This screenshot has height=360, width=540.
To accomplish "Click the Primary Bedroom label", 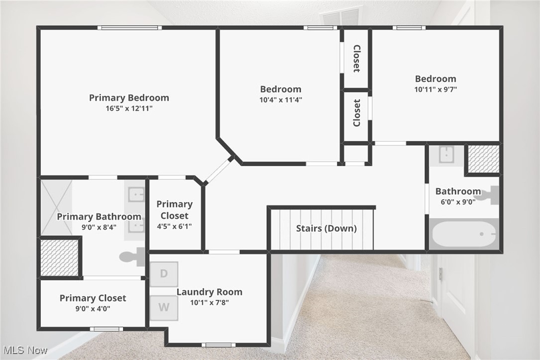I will click(x=129, y=98).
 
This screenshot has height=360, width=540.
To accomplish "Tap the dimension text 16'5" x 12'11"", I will click(x=129, y=108).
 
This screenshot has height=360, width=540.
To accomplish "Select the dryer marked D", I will click(x=164, y=274).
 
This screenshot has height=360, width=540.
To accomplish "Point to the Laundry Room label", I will click(x=210, y=292).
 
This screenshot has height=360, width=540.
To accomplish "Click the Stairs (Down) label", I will click(x=326, y=229).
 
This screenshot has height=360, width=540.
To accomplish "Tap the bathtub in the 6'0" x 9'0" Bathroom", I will click(x=463, y=234).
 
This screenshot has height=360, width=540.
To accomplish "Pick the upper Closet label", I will click(x=356, y=58).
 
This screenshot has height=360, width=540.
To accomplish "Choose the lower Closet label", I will click(x=356, y=113).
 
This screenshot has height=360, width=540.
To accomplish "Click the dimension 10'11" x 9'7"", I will click(x=435, y=90).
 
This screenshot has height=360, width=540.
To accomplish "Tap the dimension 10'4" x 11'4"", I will click(x=281, y=99).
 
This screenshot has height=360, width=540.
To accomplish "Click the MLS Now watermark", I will click(x=24, y=351).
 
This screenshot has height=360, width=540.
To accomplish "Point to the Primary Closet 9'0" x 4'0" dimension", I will click(x=93, y=308).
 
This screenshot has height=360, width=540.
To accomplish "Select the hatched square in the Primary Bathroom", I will click(x=59, y=258).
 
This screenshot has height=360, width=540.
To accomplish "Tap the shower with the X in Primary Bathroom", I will click(x=56, y=207).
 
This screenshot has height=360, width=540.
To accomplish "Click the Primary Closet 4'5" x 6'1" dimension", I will click(x=174, y=226).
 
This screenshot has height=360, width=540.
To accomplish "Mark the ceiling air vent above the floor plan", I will click(x=341, y=16).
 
